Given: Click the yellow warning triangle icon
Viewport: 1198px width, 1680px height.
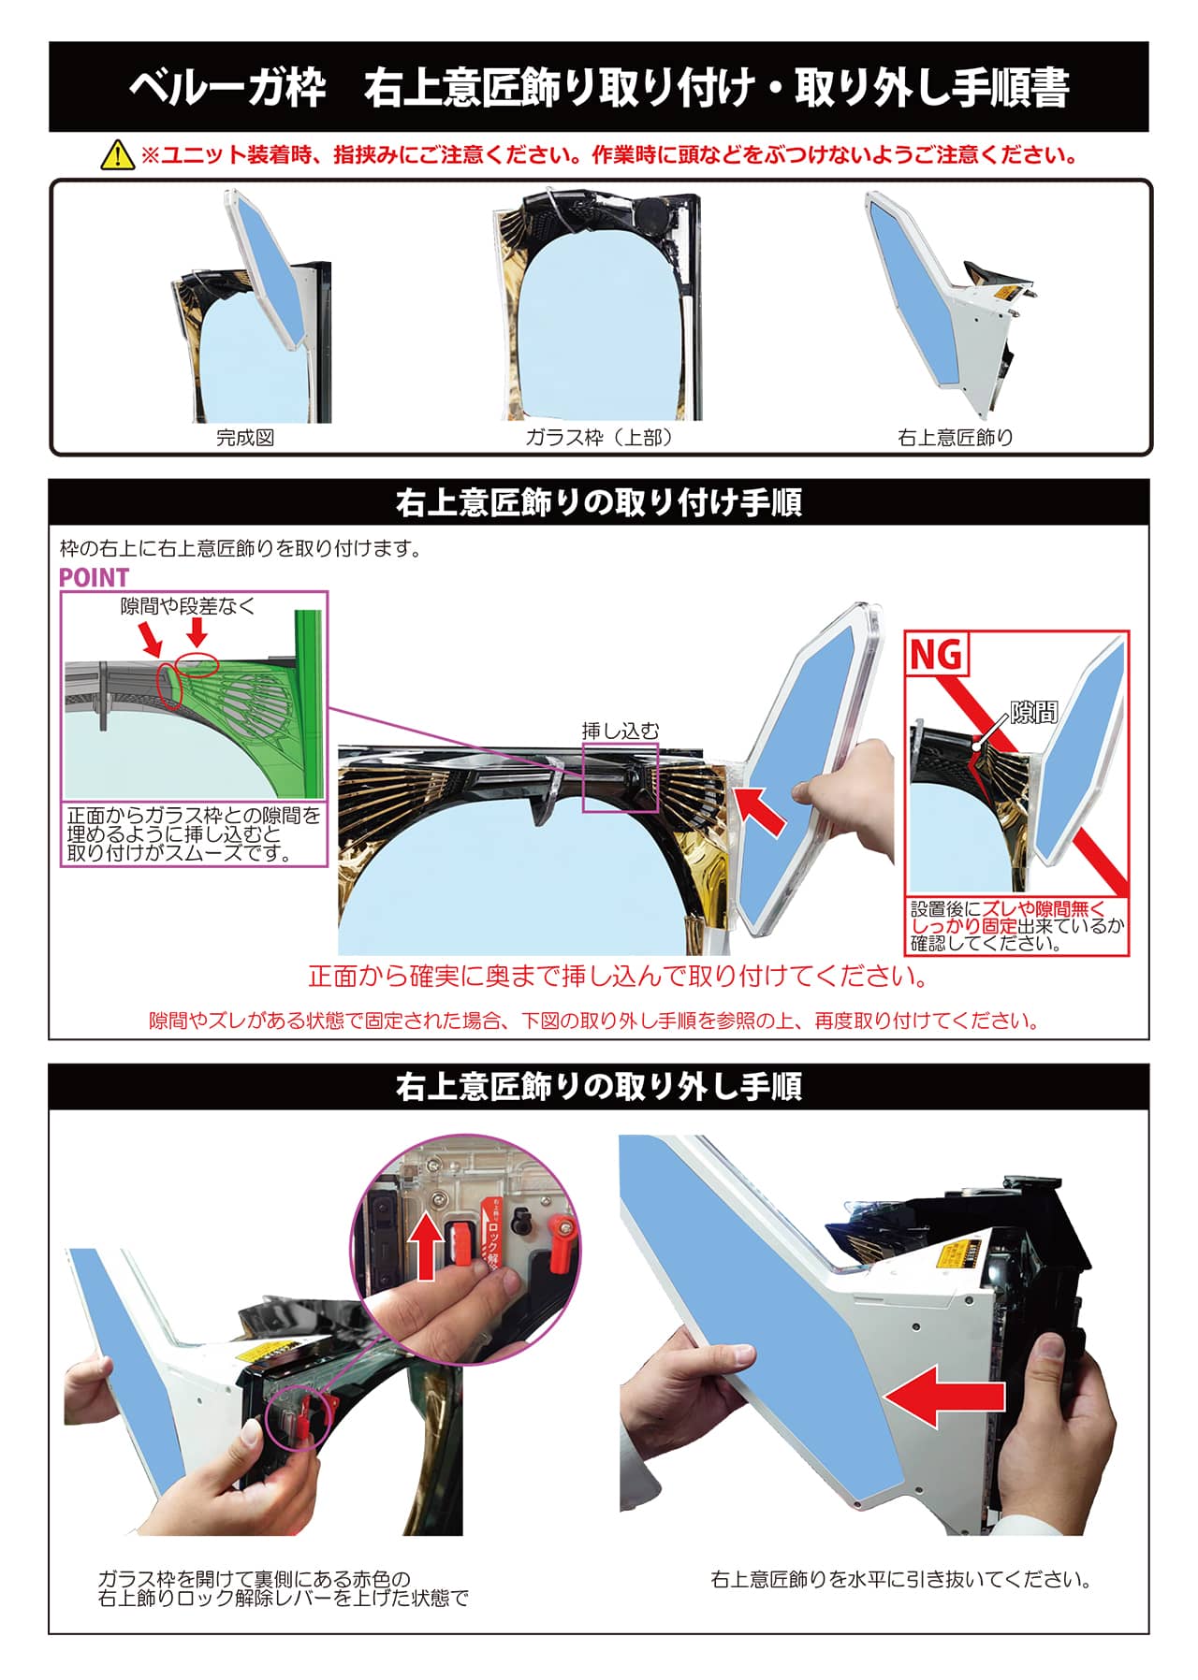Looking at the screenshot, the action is pyautogui.click(x=117, y=154).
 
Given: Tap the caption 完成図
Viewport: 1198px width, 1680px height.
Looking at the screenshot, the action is pyautogui.click(x=245, y=437).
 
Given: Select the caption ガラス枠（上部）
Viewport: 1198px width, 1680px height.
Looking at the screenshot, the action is pyautogui.click(x=599, y=437).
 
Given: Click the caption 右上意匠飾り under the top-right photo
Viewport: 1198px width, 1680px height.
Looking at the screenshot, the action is pyautogui.click(x=955, y=437).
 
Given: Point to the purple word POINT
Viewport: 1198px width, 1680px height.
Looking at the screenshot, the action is pyautogui.click(x=94, y=577).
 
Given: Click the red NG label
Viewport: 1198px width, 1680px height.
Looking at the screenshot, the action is pyautogui.click(x=936, y=654).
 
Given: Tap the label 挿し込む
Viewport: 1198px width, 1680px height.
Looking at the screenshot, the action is pyautogui.click(x=620, y=731).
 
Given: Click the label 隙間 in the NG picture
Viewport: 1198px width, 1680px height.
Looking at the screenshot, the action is pyautogui.click(x=1033, y=713).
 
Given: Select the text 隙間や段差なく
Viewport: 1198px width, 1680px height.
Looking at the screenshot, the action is pyautogui.click(x=187, y=606).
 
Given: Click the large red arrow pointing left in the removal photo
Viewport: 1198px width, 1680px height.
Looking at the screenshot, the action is pyautogui.click(x=944, y=1397).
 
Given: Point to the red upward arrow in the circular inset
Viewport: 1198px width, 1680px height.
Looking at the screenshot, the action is pyautogui.click(x=427, y=1245).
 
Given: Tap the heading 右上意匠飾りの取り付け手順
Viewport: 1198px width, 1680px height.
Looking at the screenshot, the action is pyautogui.click(x=599, y=502).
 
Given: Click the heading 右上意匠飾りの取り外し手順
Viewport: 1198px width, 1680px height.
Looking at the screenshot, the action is pyautogui.click(x=599, y=1087).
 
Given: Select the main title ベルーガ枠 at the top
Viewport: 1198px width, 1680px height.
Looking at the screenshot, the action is pyautogui.click(x=227, y=88).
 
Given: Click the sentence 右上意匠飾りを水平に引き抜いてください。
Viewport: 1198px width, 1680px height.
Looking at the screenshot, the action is pyautogui.click(x=900, y=1580).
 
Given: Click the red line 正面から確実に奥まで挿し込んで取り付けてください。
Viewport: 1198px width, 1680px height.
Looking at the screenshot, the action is pyautogui.click(x=619, y=977).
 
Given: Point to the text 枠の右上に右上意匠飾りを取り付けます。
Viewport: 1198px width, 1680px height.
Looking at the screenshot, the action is pyautogui.click(x=241, y=548).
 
